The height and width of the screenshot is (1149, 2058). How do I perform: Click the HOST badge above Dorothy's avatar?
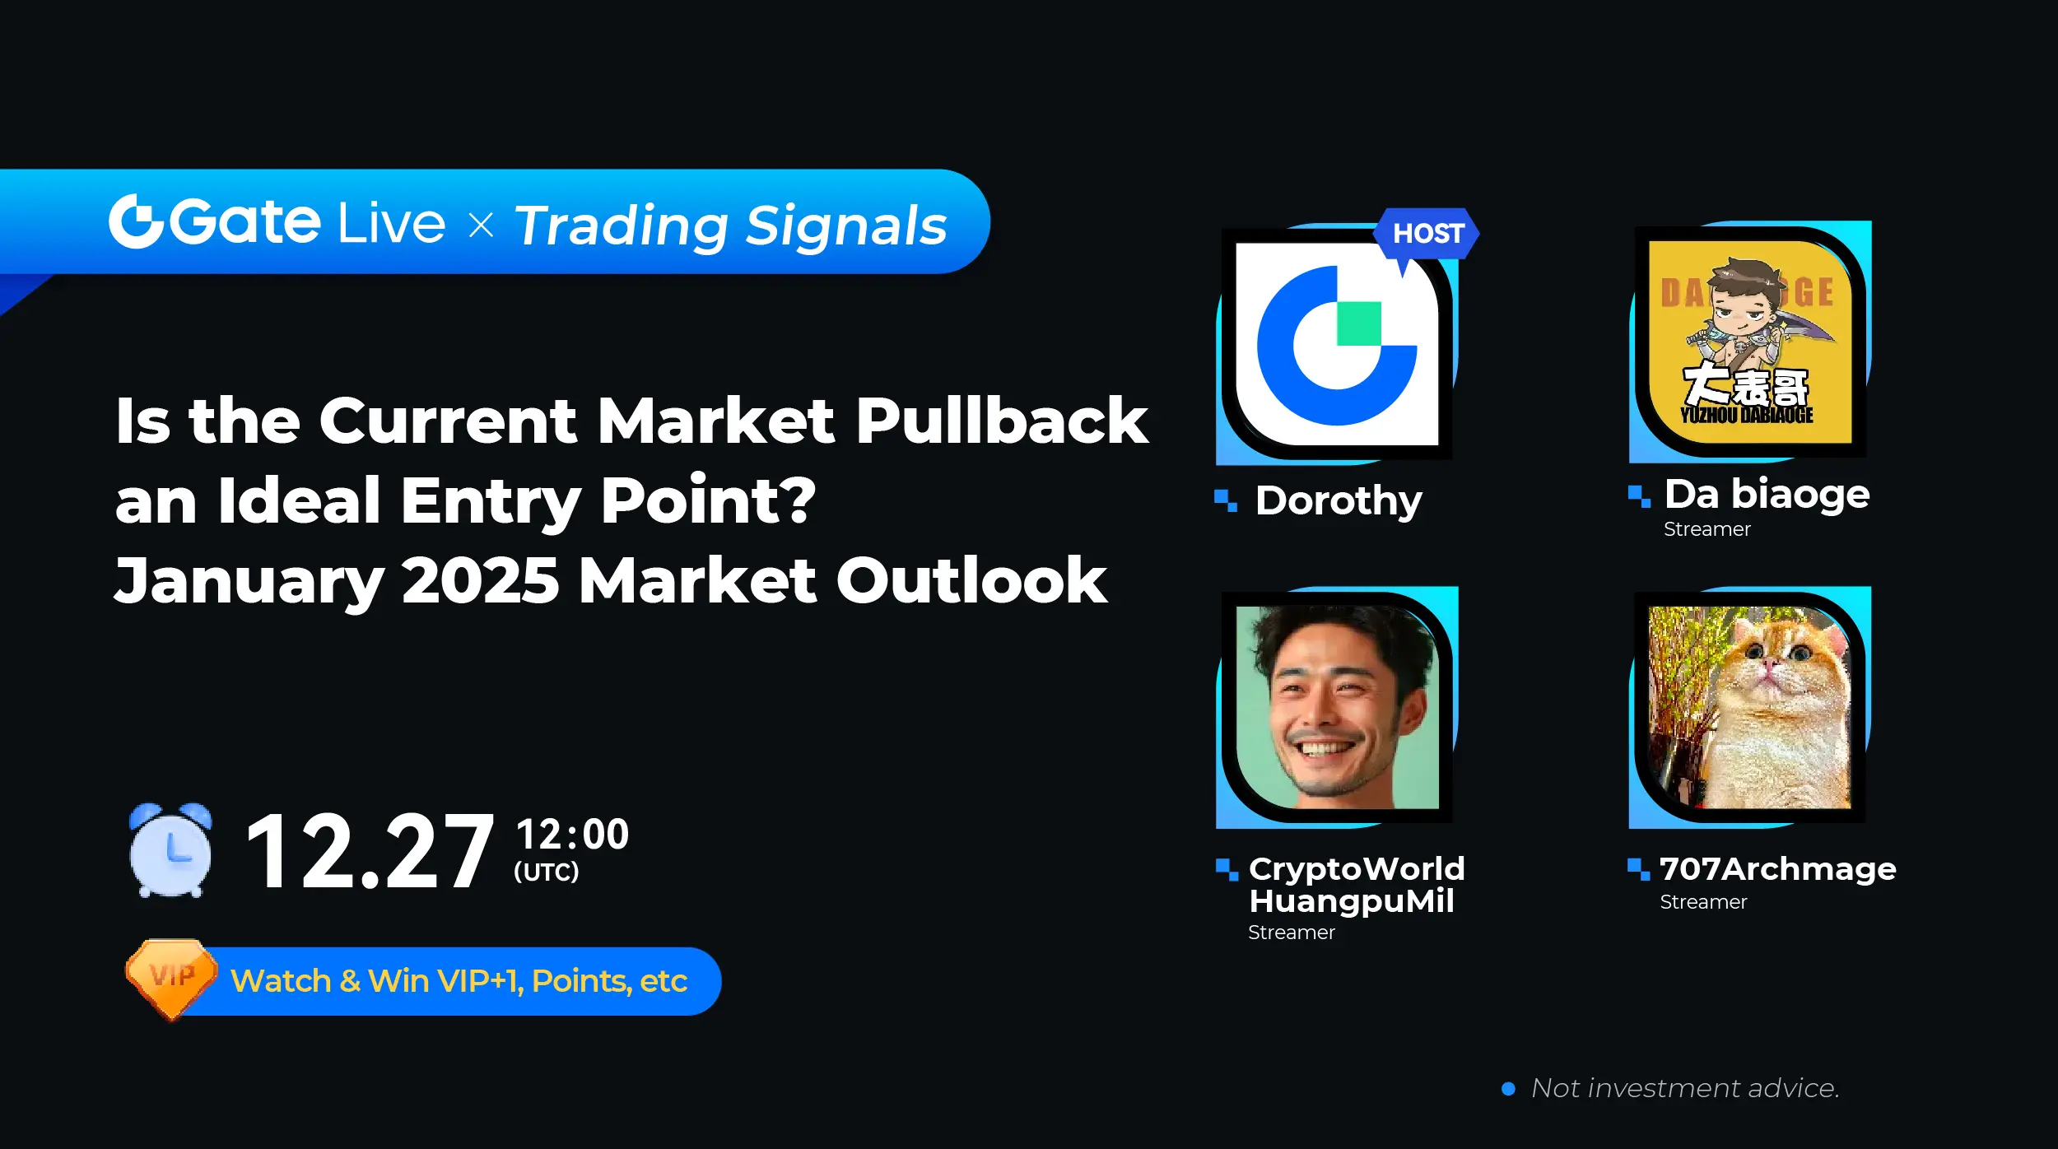1426,235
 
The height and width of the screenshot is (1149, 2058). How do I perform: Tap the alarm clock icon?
170,849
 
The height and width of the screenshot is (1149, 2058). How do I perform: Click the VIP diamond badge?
171,979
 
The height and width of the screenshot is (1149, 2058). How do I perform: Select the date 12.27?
370,851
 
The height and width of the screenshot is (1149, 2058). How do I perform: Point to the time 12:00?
572,834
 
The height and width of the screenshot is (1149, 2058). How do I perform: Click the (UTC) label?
547,872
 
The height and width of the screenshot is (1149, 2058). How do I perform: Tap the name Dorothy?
1339,500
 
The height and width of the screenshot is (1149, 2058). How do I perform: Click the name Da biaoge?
1767,494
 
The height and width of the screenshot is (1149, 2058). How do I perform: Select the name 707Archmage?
1778,868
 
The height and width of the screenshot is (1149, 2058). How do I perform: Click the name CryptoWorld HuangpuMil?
1357,885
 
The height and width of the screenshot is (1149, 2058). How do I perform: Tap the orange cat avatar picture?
1749,708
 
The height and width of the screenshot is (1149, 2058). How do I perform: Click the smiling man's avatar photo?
1338,708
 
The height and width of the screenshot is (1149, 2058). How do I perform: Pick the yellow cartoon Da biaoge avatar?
1749,342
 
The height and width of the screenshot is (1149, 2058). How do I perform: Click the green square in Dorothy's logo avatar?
1359,323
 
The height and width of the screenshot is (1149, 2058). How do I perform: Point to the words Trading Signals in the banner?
731,226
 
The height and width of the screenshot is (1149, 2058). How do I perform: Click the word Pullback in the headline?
1002,421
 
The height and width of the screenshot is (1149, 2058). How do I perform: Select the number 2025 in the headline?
481,580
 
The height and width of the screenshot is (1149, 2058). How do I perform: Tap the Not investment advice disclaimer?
1684,1088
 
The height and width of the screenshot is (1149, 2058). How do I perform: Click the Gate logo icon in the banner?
136,221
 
